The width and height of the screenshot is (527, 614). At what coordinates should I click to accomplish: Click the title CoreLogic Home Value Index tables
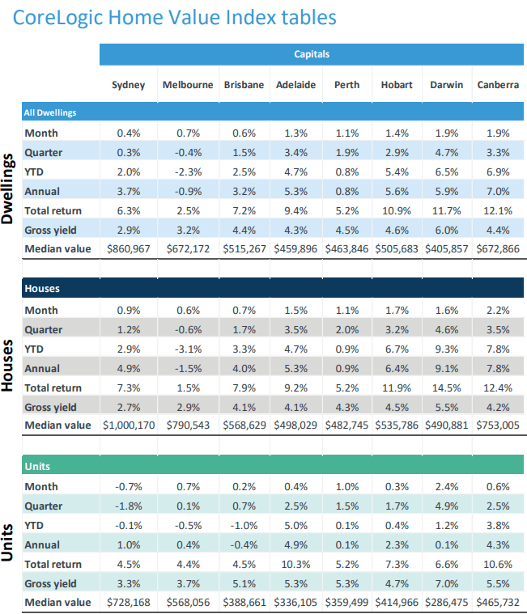click(174, 17)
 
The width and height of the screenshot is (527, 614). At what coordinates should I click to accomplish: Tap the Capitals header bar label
click(312, 55)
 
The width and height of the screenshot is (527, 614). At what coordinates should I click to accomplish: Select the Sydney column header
click(129, 85)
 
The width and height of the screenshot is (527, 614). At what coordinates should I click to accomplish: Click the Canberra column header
click(498, 85)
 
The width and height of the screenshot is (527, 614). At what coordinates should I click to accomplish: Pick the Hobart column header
click(397, 85)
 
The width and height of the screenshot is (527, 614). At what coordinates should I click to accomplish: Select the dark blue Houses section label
click(42, 289)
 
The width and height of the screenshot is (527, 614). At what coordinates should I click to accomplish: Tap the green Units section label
click(38, 467)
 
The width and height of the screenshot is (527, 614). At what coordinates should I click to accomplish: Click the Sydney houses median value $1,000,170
click(129, 425)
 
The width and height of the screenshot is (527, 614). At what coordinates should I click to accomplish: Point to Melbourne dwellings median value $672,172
click(188, 249)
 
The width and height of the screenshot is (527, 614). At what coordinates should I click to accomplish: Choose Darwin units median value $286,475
click(446, 603)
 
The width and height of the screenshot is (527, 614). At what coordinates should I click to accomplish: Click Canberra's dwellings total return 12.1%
click(498, 210)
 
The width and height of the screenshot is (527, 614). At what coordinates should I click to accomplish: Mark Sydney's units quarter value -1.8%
click(129, 506)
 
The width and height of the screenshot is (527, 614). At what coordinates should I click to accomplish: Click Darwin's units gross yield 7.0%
click(446, 583)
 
